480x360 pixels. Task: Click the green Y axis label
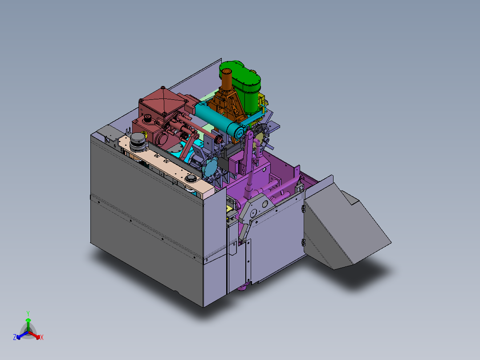pos(28,313)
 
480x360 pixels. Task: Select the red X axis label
pos(42,338)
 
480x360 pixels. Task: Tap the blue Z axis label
pos(15,338)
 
